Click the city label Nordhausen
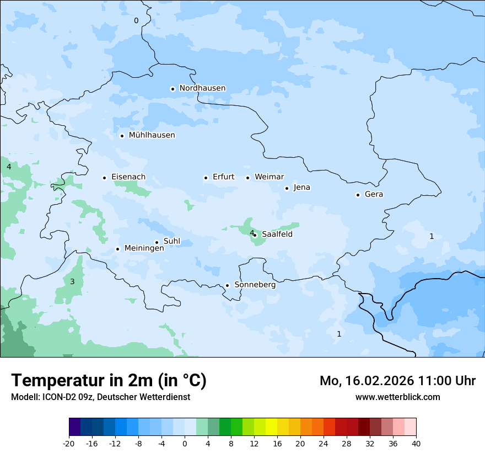click(202, 88)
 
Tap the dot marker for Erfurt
click(206, 178)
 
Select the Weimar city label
click(269, 177)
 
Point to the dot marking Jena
click(287, 188)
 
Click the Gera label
click(374, 194)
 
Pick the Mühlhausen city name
click(152, 135)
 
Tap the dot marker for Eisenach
click(104, 178)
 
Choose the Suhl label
click(172, 241)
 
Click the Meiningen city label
click(144, 248)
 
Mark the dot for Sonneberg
click(227, 285)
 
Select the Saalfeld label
click(277, 234)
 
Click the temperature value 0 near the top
click(136, 21)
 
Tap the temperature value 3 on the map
click(72, 282)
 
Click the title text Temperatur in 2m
click(109, 380)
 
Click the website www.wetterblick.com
click(397, 397)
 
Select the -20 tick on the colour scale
click(69, 443)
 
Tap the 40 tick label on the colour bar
click(416, 443)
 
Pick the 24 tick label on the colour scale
click(323, 443)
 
